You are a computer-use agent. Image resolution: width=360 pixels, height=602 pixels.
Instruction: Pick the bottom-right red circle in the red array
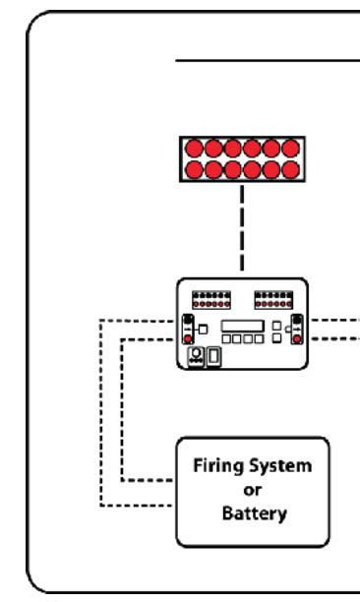tap(290, 170)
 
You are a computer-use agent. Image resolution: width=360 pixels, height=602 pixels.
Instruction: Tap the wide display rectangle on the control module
tap(241, 326)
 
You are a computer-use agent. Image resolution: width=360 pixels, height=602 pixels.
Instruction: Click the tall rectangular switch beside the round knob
tap(212, 355)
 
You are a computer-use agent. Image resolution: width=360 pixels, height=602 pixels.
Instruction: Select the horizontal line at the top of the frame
tap(266, 59)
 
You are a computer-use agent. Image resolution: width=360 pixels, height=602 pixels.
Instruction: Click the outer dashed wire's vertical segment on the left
tap(101, 413)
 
